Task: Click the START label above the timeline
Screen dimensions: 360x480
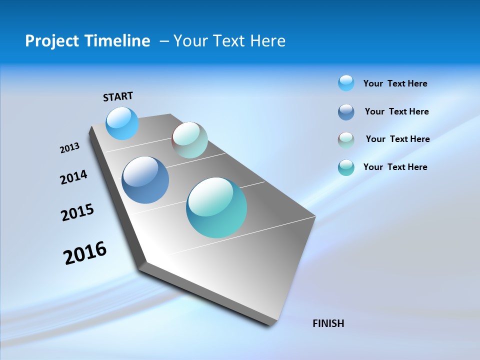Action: click(x=118, y=96)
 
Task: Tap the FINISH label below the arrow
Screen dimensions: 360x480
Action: click(x=328, y=323)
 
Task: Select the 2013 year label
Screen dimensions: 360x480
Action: click(x=69, y=148)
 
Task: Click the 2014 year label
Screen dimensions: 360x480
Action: click(x=73, y=177)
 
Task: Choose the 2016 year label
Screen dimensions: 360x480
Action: click(x=85, y=253)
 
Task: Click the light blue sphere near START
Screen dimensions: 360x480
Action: click(x=122, y=123)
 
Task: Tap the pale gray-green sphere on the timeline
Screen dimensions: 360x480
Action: click(x=189, y=140)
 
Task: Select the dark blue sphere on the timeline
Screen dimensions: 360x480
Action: click(x=145, y=180)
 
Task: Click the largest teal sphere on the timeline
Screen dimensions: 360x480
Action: click(x=216, y=207)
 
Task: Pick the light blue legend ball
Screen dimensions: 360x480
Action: click(x=346, y=83)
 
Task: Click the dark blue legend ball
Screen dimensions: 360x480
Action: click(x=346, y=112)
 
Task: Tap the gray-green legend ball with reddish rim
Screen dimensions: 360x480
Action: click(x=346, y=140)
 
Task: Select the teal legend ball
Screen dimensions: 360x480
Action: click(x=346, y=167)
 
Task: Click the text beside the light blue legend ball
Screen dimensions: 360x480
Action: click(x=395, y=83)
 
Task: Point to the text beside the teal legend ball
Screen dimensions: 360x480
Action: click(x=395, y=167)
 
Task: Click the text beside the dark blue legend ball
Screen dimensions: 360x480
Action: click(x=396, y=111)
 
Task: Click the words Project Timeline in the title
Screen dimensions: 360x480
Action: click(x=87, y=41)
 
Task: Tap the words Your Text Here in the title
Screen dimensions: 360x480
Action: click(x=229, y=41)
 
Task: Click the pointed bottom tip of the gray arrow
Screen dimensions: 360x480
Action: click(x=270, y=324)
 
